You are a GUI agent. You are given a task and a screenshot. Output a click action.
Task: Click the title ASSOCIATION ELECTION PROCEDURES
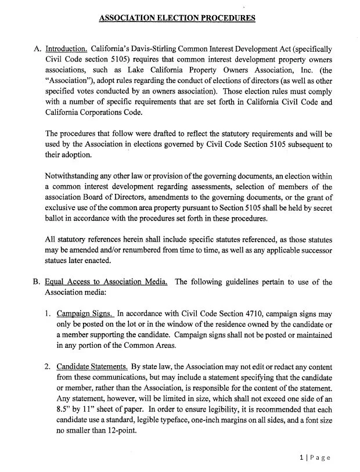coord(177,18)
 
